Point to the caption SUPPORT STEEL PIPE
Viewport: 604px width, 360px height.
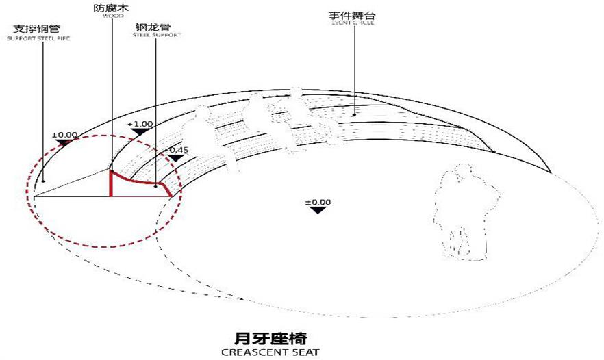click(x=39, y=39)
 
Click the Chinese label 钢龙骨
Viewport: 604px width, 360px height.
click(x=155, y=27)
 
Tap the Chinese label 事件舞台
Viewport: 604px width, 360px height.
click(x=353, y=14)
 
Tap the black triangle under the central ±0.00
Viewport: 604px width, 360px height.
click(x=317, y=209)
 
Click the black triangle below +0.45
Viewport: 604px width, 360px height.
click(x=176, y=158)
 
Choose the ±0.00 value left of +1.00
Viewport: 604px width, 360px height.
click(x=66, y=135)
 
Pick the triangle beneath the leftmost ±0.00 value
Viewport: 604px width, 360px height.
click(x=66, y=143)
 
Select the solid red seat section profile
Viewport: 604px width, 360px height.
click(x=137, y=184)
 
